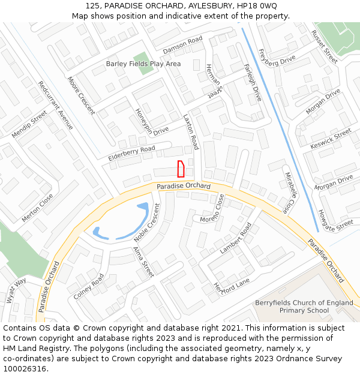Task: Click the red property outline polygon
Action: pos(180,169)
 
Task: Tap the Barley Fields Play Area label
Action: pos(143,64)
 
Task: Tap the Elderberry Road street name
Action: pos(131,153)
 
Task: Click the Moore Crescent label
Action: pos(81,95)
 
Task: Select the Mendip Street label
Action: pos(29,124)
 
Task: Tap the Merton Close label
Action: pos(37,208)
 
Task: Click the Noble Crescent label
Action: pos(148,223)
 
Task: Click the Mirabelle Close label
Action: pos(290,193)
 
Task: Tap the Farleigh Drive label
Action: pos(253,82)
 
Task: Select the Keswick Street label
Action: pos(331,139)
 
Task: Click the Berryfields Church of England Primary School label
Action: pos(304,307)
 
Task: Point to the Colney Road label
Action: pos(89,287)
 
